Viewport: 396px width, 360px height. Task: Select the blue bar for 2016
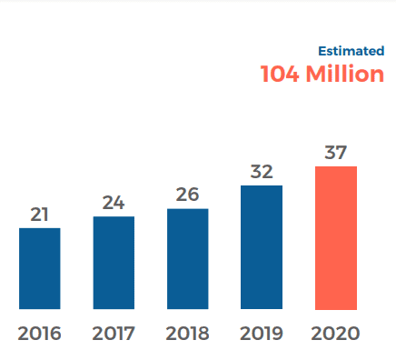coord(39,268)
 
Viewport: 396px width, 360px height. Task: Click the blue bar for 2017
coord(114,263)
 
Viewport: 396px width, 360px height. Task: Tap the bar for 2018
coord(188,259)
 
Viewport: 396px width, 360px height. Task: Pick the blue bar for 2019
coord(262,247)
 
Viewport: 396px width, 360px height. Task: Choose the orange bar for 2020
coord(336,238)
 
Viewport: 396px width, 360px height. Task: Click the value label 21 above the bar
coord(39,215)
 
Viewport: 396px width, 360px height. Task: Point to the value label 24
coord(114,203)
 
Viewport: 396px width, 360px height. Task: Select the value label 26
coord(188,195)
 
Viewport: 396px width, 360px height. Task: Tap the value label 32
coord(262,172)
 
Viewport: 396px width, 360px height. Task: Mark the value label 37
coord(336,152)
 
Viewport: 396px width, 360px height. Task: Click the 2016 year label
coord(39,333)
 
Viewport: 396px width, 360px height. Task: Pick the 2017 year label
coord(114,333)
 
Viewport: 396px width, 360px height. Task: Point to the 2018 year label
coord(188,333)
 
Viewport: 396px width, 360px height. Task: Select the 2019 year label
coord(262,333)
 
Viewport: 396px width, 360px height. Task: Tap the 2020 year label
coord(336,333)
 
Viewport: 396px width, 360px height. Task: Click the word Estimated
coord(351,51)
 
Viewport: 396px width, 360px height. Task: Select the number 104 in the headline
coord(280,75)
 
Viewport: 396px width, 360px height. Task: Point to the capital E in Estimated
coord(322,51)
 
